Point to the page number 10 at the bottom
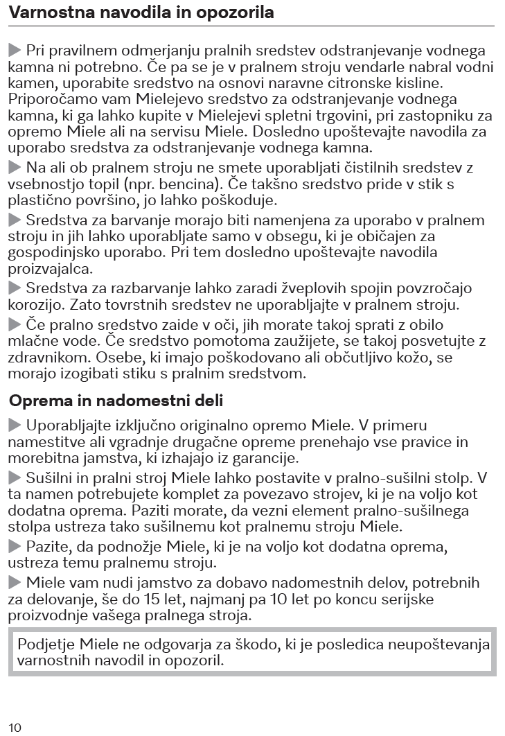(15, 726)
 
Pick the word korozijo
(34, 304)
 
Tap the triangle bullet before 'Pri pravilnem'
(15, 51)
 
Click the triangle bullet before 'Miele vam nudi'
(15, 581)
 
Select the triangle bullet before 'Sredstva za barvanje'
(15, 220)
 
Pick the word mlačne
(33, 341)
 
